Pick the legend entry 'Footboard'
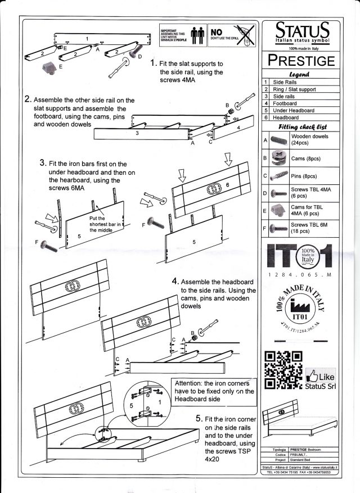[285, 103]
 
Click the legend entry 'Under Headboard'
[293, 111]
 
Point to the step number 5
[199, 419]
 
